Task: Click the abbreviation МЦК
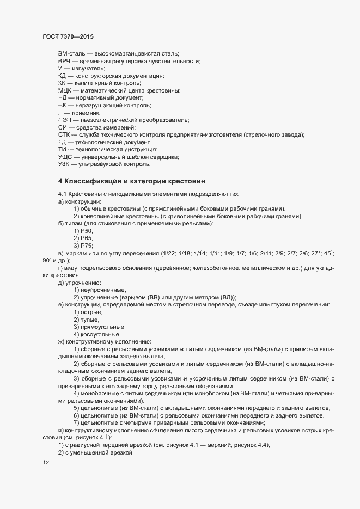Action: point(66,90)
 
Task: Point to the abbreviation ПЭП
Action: point(65,119)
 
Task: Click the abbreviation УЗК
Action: point(65,164)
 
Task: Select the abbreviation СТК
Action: point(65,134)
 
